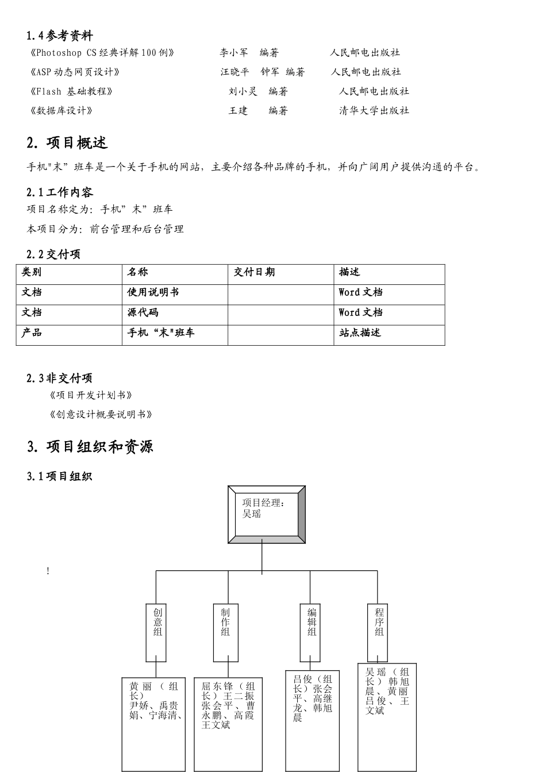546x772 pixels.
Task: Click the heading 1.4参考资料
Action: (60, 36)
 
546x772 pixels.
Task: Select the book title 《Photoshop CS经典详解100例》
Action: (101, 53)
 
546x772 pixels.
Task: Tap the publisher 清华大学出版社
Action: (374, 111)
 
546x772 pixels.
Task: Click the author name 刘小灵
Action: (243, 91)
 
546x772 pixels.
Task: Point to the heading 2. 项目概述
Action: (67, 143)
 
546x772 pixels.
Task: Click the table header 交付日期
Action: (254, 272)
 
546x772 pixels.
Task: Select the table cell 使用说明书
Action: (153, 292)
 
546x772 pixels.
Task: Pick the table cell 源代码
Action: (143, 312)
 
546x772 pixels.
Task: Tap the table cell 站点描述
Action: (360, 333)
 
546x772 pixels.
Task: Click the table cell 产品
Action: (32, 333)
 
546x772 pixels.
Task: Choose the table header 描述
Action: (349, 272)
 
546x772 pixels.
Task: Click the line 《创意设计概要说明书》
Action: (101, 415)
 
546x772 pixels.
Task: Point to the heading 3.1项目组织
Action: (59, 476)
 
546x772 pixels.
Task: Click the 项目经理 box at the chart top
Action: (266, 514)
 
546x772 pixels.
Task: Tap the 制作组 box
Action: (225, 632)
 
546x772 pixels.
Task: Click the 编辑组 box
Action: (312, 632)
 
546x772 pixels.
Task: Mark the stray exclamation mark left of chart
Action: (48, 571)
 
